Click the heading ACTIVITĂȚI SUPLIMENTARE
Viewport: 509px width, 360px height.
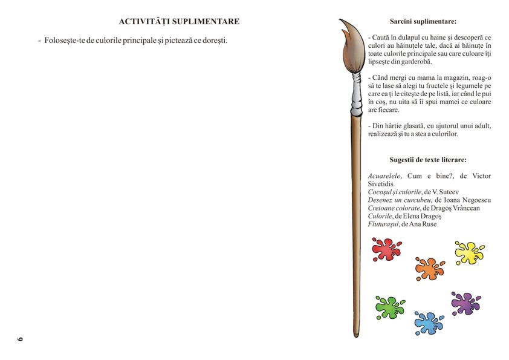click(x=179, y=22)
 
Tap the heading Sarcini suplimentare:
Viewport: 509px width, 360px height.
click(x=423, y=21)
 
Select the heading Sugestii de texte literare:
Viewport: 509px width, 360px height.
click(x=428, y=160)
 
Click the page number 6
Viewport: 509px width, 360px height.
click(x=19, y=338)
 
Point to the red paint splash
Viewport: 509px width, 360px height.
click(x=386, y=248)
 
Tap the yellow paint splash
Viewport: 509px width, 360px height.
click(x=468, y=252)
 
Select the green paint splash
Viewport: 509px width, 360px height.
click(x=389, y=307)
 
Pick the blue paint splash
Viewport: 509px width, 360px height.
click(x=429, y=322)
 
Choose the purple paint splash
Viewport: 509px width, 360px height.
click(x=465, y=303)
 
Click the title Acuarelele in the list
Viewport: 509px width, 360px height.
click(x=384, y=176)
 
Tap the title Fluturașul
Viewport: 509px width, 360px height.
click(x=383, y=224)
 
